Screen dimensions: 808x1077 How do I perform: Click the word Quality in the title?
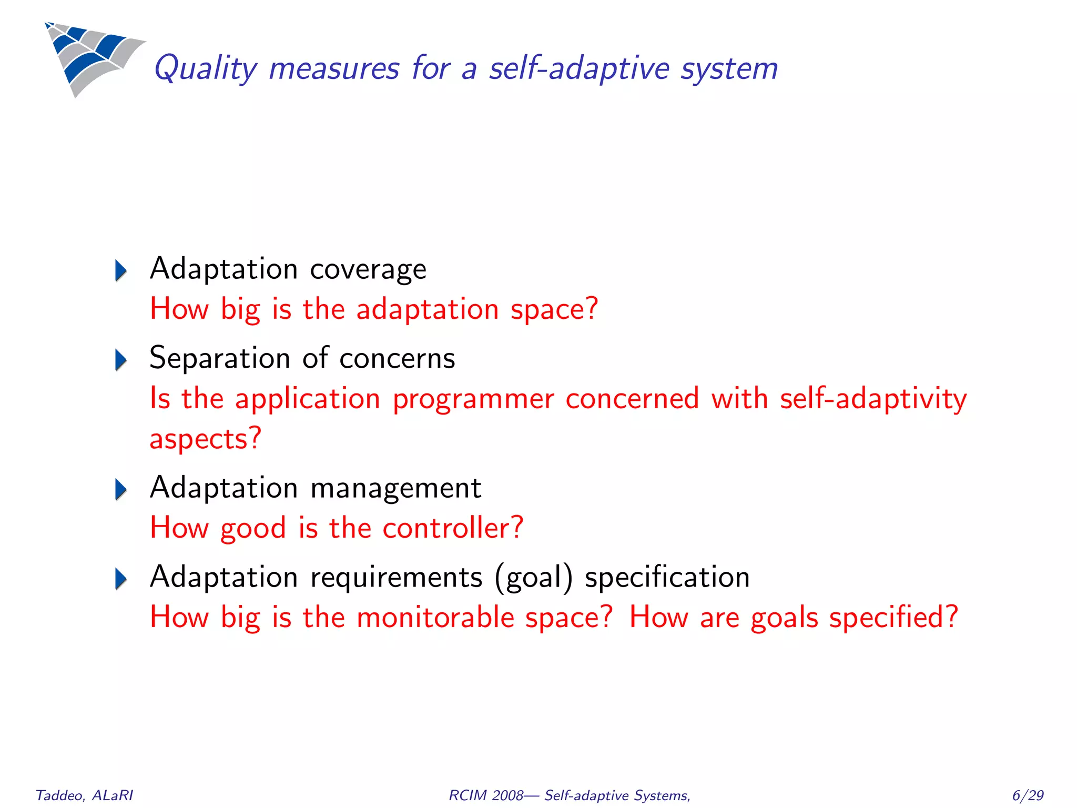click(205, 69)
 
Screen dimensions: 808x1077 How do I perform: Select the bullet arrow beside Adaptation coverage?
click(121, 270)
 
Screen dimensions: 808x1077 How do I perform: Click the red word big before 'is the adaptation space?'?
click(240, 309)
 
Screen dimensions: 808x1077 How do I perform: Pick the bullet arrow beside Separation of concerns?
click(121, 360)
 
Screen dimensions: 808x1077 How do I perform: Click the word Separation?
click(219, 359)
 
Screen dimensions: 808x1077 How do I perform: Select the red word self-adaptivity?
click(873, 399)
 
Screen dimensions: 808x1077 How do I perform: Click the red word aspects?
click(205, 439)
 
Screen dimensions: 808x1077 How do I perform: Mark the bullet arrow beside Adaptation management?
click(121, 489)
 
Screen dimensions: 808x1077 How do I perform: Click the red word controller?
click(453, 528)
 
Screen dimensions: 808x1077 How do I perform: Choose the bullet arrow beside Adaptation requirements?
click(121, 579)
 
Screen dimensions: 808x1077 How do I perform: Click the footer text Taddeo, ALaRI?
click(84, 795)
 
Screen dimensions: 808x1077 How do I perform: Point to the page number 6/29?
click(1028, 795)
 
